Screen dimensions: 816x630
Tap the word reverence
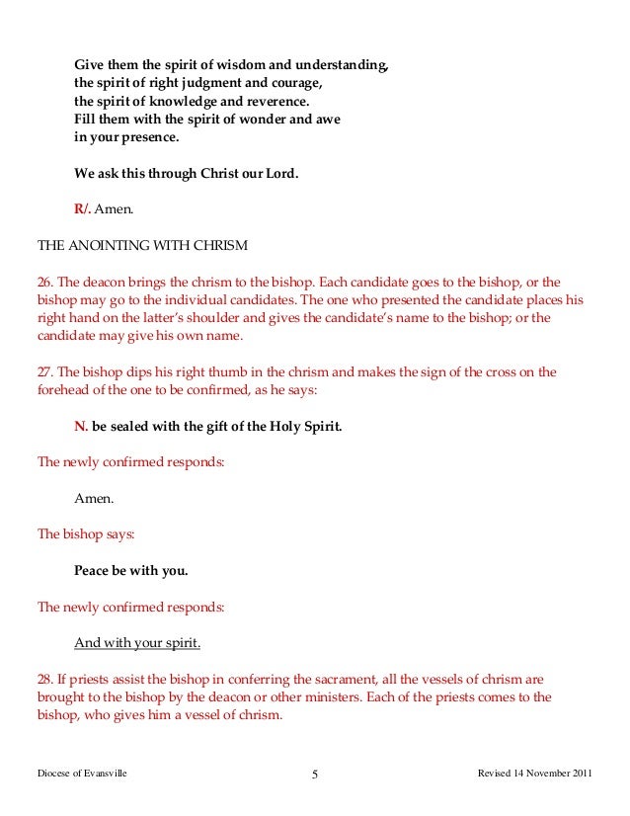point(276,102)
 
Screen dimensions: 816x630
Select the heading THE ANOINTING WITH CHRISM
point(142,245)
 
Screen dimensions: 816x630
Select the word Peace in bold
point(95,570)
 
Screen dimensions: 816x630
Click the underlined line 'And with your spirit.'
point(137,643)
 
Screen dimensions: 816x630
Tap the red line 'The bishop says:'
point(86,534)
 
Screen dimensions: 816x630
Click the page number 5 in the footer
point(315,775)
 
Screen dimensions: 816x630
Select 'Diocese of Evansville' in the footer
point(82,774)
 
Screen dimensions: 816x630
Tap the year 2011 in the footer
point(581,774)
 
